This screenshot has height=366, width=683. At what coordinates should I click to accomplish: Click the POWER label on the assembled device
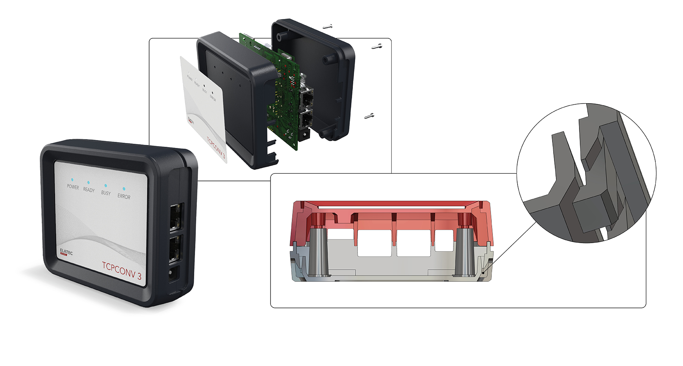pos(73,187)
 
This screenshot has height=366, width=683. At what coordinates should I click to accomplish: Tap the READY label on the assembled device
pos(89,190)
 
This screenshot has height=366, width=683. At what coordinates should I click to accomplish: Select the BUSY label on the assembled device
pos(106,193)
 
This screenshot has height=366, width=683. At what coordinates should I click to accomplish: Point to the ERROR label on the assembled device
pos(124,196)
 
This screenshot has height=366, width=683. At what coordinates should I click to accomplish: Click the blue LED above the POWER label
pos(72,180)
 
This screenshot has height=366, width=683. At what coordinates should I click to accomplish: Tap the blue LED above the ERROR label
pos(124,188)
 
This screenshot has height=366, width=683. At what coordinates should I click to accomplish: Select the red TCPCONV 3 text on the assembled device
pos(122,270)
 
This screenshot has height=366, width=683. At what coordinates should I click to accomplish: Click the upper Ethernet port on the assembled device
pos(176,217)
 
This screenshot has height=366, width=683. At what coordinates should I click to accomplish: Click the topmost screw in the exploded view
pos(328,27)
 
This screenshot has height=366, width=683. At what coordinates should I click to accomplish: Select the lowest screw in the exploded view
pos(369,116)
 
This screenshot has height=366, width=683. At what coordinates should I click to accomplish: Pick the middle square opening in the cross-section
pos(413,243)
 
